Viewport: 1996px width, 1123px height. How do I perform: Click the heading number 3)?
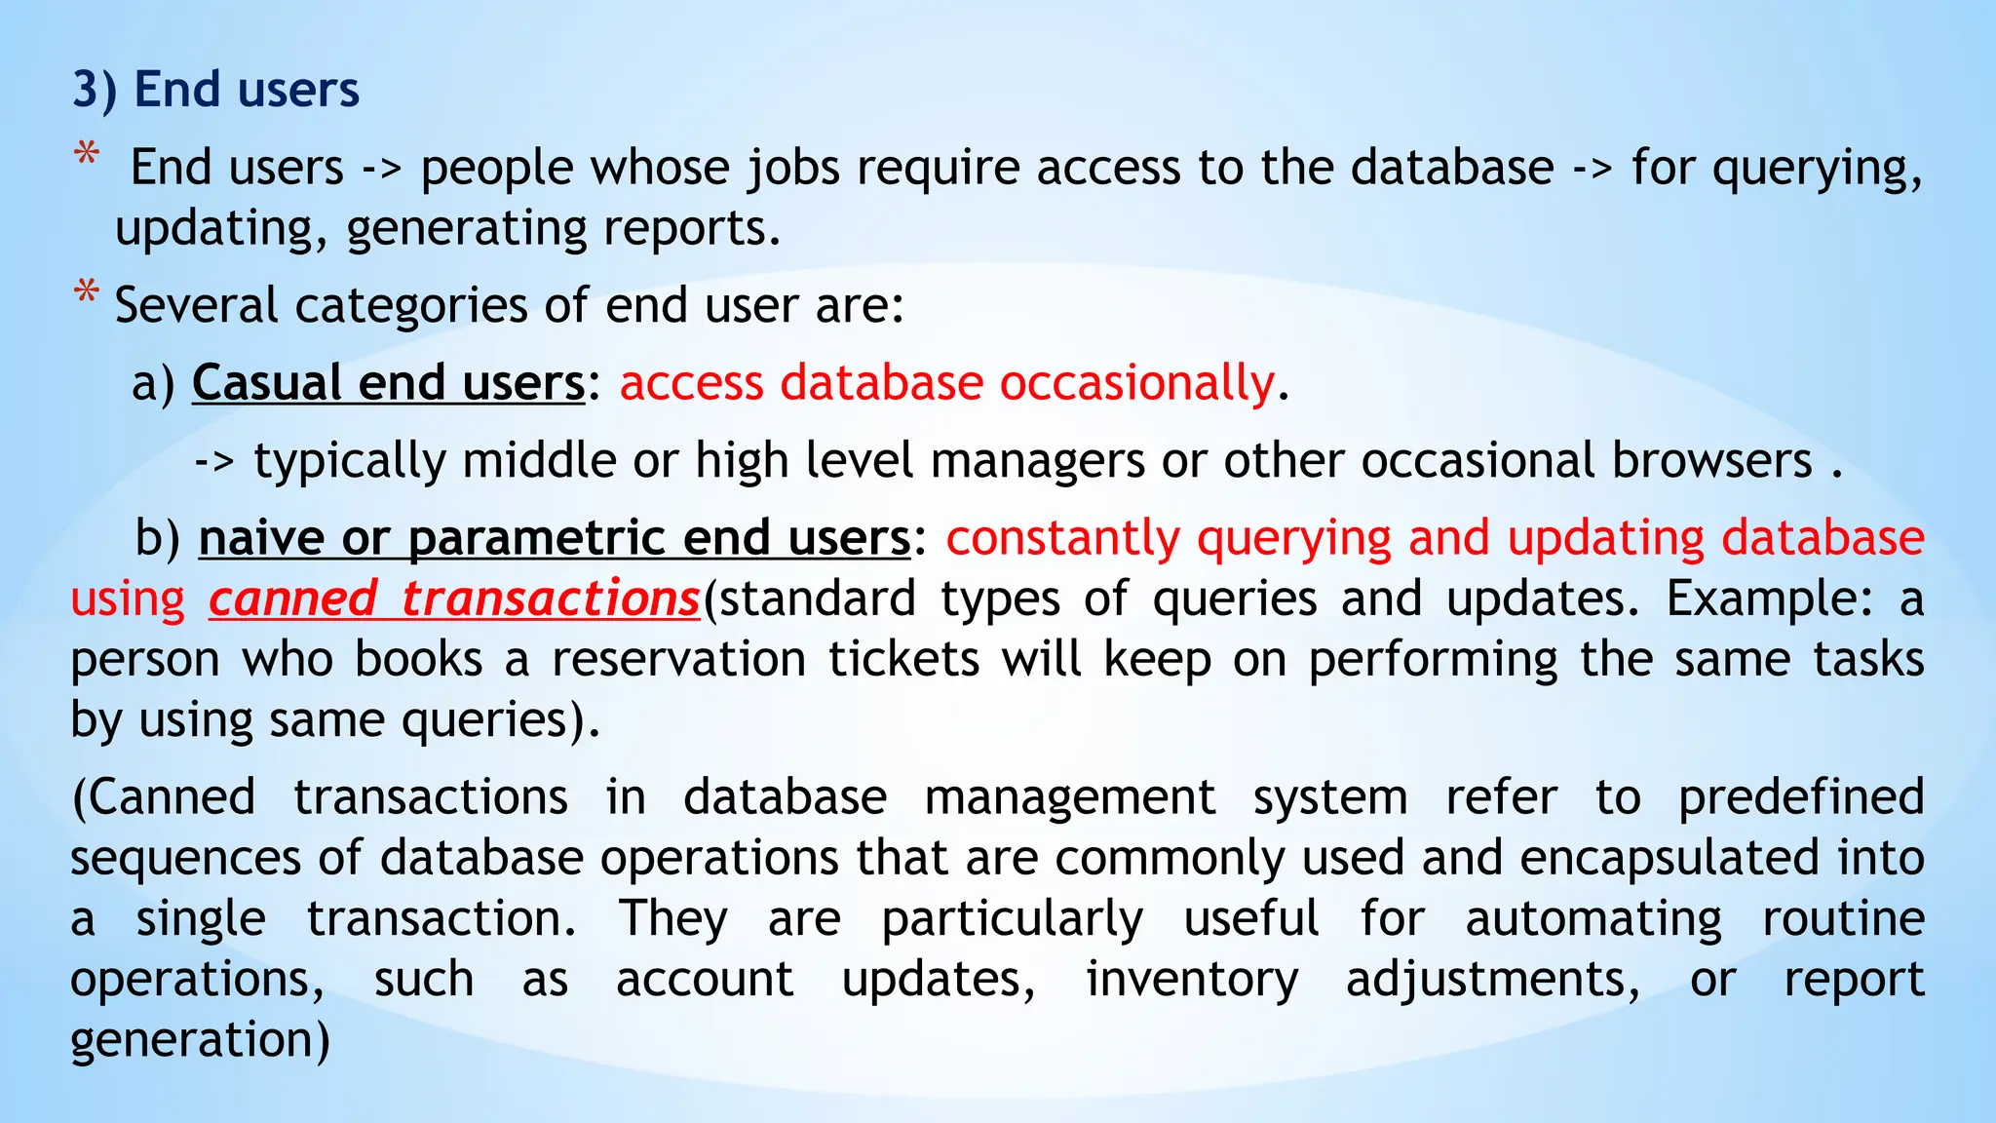click(95, 90)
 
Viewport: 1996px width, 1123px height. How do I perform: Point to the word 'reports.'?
click(692, 228)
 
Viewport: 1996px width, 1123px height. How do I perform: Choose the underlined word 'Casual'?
click(266, 382)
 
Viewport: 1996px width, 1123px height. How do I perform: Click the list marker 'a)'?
click(153, 382)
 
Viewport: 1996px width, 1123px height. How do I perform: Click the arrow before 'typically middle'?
click(214, 460)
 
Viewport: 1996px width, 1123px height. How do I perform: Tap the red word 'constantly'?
click(1063, 538)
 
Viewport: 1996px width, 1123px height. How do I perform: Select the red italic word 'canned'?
click(292, 599)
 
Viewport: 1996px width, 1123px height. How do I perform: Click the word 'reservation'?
click(678, 659)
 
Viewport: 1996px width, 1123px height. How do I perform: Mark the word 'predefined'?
click(1800, 797)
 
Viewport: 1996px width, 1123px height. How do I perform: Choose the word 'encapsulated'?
click(1669, 858)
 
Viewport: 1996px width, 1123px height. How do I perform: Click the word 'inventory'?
click(1192, 979)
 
